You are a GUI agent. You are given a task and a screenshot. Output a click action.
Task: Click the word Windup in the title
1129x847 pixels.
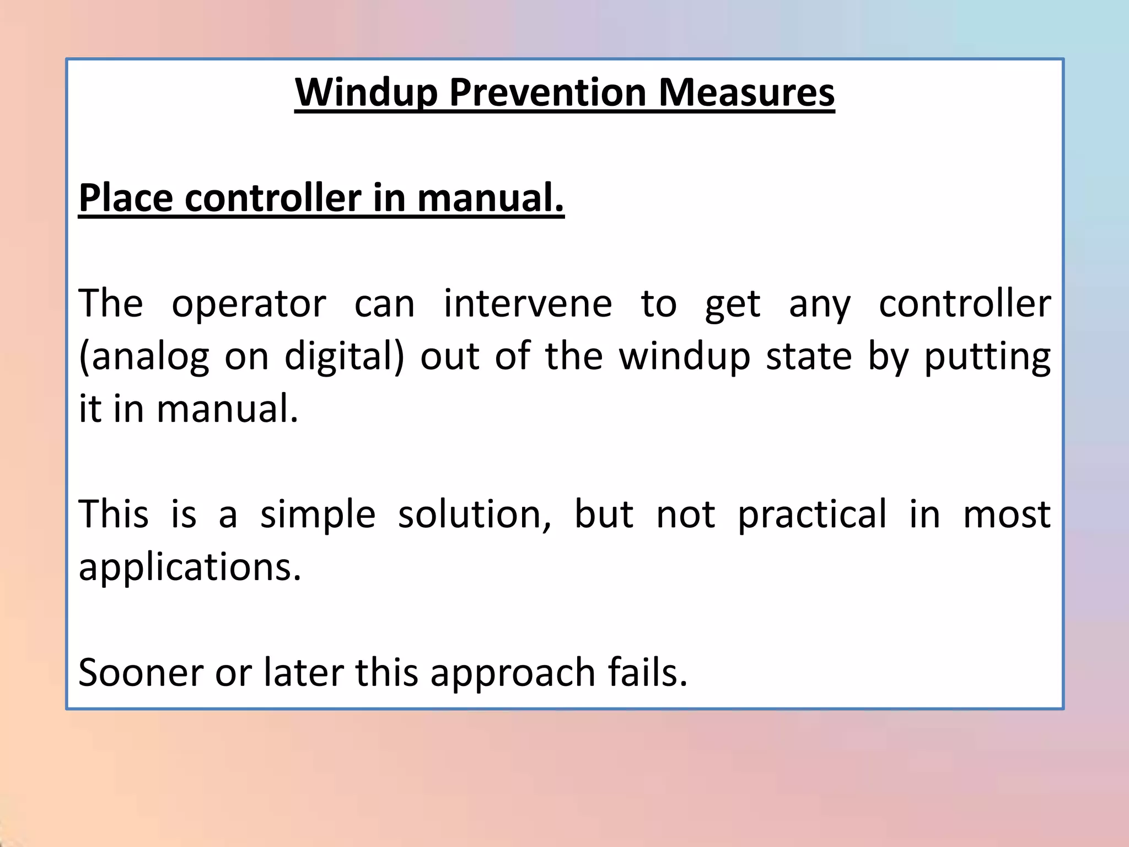(x=366, y=93)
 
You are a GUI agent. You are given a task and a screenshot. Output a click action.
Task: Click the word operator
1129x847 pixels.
(x=249, y=304)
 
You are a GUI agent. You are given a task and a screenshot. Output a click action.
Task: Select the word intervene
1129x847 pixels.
(x=528, y=304)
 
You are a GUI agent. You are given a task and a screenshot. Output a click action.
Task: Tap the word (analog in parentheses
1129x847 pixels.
(x=144, y=357)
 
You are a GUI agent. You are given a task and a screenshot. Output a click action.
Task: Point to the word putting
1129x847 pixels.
(x=987, y=357)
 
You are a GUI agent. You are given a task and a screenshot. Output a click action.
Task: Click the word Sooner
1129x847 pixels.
(x=141, y=673)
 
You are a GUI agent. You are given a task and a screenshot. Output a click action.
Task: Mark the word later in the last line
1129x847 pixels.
(x=303, y=673)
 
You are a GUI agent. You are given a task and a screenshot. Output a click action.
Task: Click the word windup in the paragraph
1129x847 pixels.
(x=685, y=357)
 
